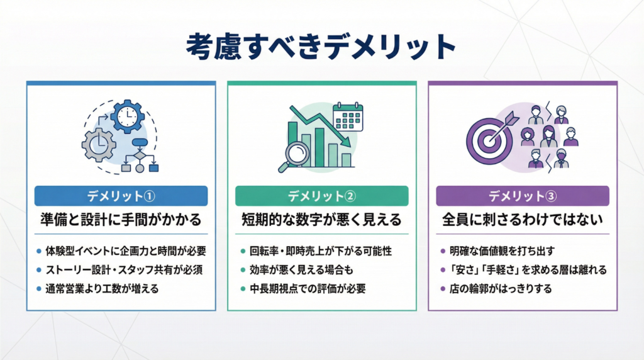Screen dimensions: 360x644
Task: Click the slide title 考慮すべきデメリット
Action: (321, 47)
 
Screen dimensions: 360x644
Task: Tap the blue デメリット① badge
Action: (121, 196)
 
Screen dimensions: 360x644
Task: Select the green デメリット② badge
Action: (321, 196)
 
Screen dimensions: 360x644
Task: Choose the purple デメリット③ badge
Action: (523, 196)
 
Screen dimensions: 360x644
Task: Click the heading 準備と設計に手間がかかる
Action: (121, 220)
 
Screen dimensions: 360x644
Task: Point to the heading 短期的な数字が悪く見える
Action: (321, 220)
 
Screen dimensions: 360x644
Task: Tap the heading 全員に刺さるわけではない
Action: (523, 220)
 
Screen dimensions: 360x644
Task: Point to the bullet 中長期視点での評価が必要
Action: (308, 290)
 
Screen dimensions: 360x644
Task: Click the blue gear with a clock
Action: (128, 115)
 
